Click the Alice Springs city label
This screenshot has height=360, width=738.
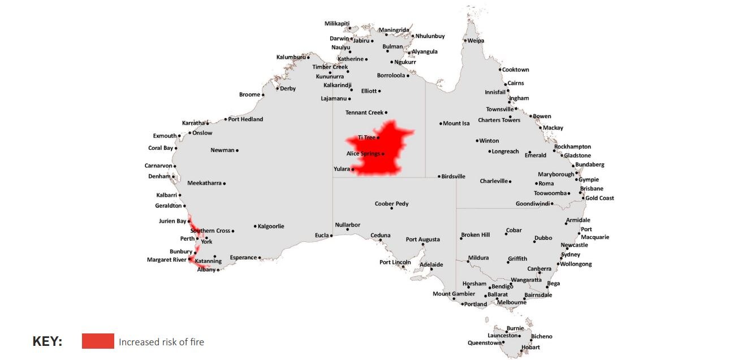(x=363, y=154)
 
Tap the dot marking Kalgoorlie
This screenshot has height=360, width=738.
(x=255, y=227)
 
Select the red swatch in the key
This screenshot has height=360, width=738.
(x=98, y=341)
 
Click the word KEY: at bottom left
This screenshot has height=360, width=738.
(x=48, y=342)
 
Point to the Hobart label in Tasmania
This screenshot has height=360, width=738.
(x=530, y=348)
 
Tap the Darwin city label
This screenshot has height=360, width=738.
(x=339, y=39)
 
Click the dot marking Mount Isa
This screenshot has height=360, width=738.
(x=441, y=124)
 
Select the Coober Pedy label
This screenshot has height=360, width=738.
(x=391, y=204)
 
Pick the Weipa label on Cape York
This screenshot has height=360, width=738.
(x=476, y=41)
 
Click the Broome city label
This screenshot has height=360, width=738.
(x=249, y=95)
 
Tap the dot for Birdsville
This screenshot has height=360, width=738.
(x=439, y=176)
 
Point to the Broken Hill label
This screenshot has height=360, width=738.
(x=475, y=235)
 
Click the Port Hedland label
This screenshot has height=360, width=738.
(x=245, y=119)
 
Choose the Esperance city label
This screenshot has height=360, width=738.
(x=243, y=258)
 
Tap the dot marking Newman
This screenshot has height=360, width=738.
(x=237, y=150)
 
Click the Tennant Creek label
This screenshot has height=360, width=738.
(x=364, y=113)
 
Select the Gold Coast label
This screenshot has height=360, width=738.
(x=599, y=198)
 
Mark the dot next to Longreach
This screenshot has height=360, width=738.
(x=490, y=151)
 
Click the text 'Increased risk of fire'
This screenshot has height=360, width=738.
(x=161, y=342)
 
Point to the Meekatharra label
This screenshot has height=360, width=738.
(x=204, y=183)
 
